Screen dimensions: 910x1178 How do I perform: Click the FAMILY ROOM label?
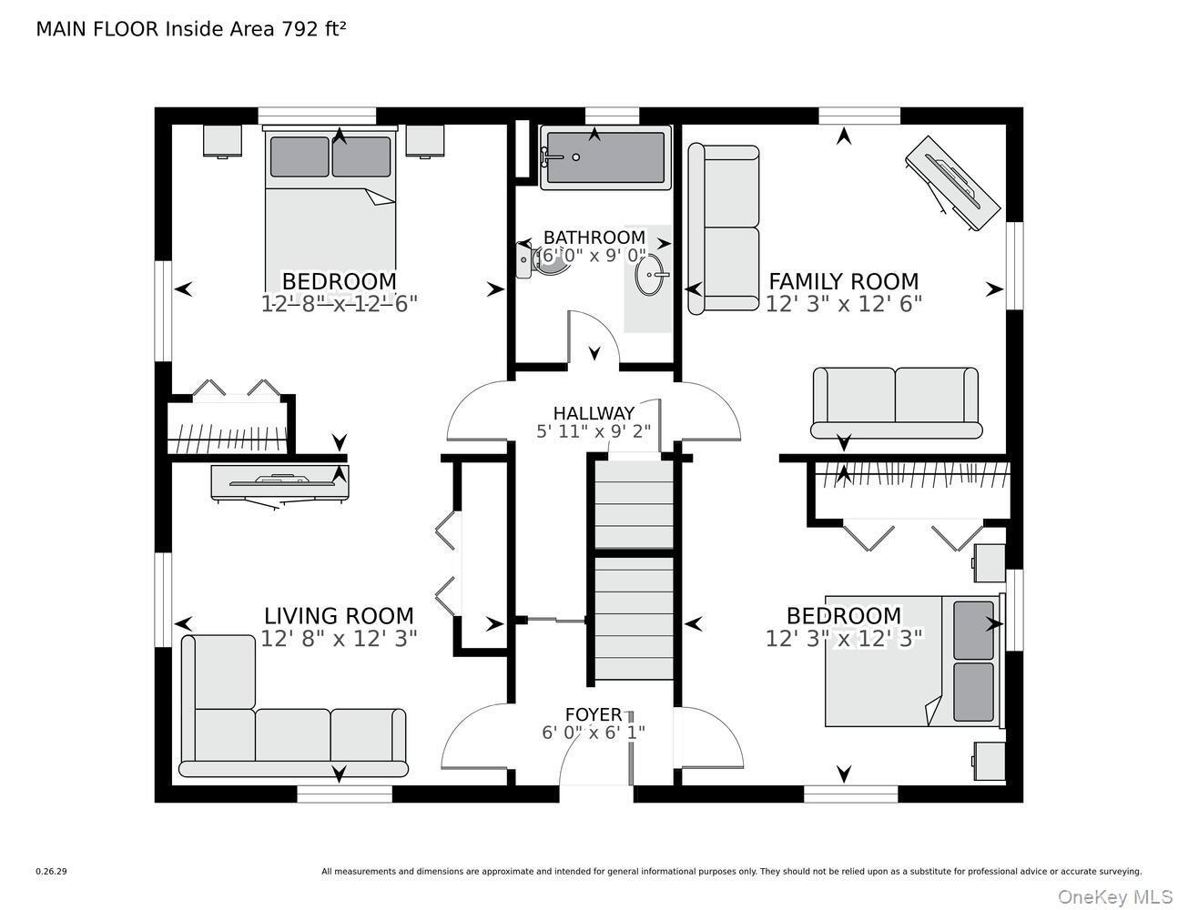(843, 281)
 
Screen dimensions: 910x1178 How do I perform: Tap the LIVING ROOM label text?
(339, 616)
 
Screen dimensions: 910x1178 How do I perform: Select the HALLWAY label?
(594, 414)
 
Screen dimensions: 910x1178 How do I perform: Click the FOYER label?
(594, 714)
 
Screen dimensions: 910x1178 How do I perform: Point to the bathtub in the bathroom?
(605, 157)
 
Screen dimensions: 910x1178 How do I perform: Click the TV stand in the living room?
(279, 483)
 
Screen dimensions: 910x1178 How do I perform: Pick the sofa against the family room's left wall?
(724, 228)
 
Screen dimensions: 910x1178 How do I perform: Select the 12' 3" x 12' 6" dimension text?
(843, 305)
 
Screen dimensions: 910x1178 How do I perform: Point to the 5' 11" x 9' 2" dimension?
(594, 431)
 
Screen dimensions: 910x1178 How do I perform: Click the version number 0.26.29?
(51, 871)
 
